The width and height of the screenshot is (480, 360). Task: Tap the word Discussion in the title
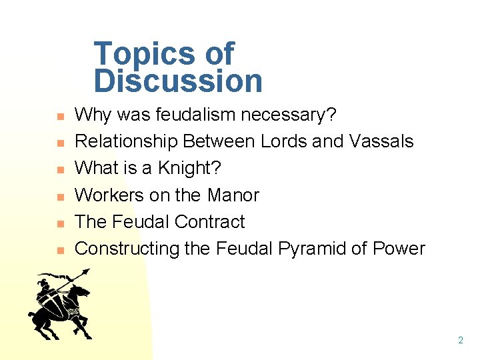(178, 81)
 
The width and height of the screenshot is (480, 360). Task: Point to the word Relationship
(126, 141)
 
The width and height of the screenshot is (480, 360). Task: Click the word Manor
(233, 195)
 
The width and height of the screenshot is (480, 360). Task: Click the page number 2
(460, 340)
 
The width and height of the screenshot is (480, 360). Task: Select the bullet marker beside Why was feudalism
(59, 117)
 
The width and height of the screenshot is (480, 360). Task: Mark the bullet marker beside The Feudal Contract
(59, 224)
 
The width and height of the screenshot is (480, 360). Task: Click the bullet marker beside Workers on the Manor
(59, 197)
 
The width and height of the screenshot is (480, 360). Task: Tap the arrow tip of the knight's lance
(87, 271)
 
